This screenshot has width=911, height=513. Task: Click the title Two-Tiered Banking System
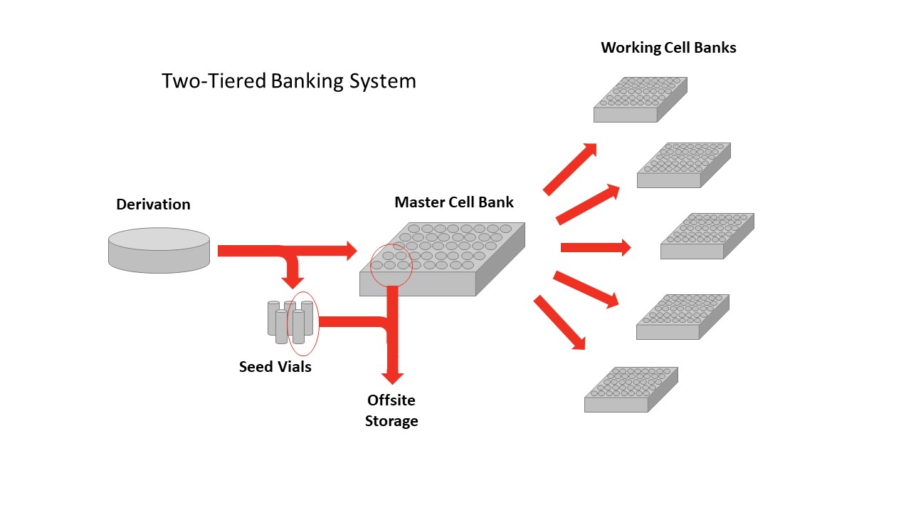click(x=288, y=81)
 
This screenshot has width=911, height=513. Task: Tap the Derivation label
click(x=153, y=204)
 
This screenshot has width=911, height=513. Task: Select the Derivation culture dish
click(x=159, y=250)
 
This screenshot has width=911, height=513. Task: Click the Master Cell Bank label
click(x=453, y=202)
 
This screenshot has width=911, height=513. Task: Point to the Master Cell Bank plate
click(x=441, y=260)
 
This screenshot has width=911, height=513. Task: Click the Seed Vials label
click(x=275, y=368)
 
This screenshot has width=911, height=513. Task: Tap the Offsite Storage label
click(x=391, y=410)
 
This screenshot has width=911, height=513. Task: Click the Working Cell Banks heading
click(x=668, y=48)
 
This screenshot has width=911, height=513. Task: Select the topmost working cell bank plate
click(x=640, y=99)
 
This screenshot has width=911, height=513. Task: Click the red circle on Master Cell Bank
click(x=391, y=265)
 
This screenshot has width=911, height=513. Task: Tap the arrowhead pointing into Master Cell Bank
click(x=349, y=250)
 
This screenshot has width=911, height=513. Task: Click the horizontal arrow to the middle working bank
click(x=596, y=247)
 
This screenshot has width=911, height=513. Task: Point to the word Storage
click(x=391, y=421)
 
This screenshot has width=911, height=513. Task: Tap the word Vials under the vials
click(x=294, y=368)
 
